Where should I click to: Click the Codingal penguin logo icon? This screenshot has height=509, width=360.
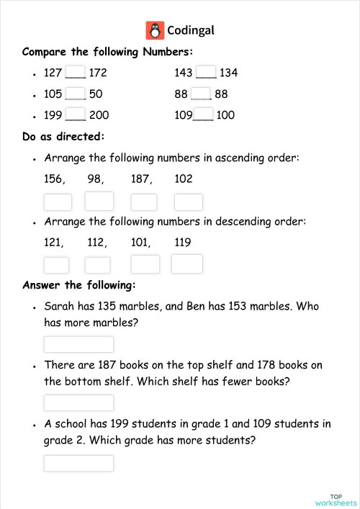click(155, 30)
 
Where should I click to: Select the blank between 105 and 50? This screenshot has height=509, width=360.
click(76, 94)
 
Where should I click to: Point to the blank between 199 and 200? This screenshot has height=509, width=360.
click(76, 115)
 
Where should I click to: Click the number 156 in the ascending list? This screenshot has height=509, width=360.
click(55, 179)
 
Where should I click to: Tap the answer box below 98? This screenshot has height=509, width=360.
click(99, 202)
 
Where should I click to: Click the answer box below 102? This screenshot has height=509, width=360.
click(188, 202)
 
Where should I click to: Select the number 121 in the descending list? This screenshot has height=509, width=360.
click(55, 243)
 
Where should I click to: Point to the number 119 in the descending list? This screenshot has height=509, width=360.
click(184, 243)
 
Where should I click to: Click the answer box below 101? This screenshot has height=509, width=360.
click(145, 264)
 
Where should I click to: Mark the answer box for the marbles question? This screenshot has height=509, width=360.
click(78, 345)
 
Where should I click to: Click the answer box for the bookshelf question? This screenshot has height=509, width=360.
click(78, 402)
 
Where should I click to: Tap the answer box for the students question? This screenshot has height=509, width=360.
click(78, 463)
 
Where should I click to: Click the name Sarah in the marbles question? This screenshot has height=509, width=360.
click(60, 306)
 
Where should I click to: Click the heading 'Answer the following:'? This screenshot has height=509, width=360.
click(78, 285)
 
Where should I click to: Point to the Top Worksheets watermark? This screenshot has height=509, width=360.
click(335, 500)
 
